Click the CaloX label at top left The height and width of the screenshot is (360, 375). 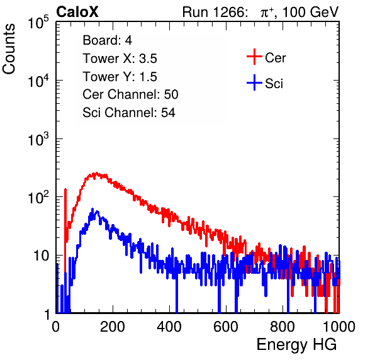tap(77, 12)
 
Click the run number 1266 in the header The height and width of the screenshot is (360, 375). tap(229, 12)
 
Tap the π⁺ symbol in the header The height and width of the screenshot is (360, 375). tap(267, 13)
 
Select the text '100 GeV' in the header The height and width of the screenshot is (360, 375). tap(311, 12)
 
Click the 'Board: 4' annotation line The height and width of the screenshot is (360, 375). tap(107, 40)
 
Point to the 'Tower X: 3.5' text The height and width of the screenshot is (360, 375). tap(120, 59)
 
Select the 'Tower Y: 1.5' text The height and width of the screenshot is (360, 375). tap(120, 77)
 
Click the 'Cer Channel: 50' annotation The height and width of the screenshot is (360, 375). tap(130, 94)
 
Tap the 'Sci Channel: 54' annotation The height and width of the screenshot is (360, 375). tap(129, 113)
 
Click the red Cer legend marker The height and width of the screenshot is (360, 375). tap(254, 57)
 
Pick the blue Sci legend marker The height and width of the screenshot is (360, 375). tap(254, 82)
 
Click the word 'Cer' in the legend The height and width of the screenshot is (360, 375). tap(275, 58)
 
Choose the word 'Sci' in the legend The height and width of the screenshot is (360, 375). tap(274, 84)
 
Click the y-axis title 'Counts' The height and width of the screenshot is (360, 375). tap(9, 49)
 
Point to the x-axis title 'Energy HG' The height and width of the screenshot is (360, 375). tap(296, 344)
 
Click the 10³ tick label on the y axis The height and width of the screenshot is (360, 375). tap(38, 139)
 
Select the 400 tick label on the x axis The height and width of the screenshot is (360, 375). tap(169, 327)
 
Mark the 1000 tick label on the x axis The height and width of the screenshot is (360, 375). tap(339, 327)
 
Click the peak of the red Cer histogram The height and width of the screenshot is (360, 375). tap(96, 172)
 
